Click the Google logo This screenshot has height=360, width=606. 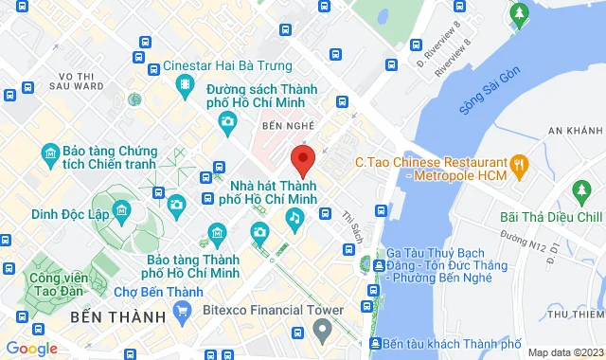pos(31,349)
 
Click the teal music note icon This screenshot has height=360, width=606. pos(294,220)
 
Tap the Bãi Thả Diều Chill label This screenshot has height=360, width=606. pos(550,217)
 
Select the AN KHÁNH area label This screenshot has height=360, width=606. pos(575,130)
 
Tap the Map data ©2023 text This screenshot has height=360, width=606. pos(564,352)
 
